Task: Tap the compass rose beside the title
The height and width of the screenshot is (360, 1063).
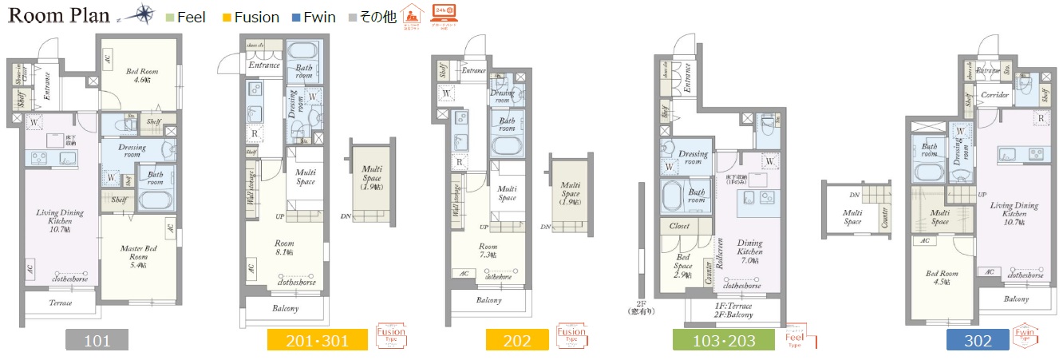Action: pos(144,14)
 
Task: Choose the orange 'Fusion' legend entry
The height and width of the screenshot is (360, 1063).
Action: pos(250,17)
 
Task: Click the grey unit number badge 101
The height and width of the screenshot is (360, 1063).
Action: pos(97,341)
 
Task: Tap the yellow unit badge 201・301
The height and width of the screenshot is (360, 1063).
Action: pos(318,341)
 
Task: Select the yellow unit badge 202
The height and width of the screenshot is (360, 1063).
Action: pos(517,341)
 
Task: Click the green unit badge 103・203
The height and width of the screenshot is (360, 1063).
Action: pos(723,341)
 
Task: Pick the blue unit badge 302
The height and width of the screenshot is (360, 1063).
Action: pos(978,341)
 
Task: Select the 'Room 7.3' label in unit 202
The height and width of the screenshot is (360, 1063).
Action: pos(488,251)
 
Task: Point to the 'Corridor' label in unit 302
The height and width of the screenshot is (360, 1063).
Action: pos(995,95)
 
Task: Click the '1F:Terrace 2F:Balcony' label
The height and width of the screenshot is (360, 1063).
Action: pos(733,310)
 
